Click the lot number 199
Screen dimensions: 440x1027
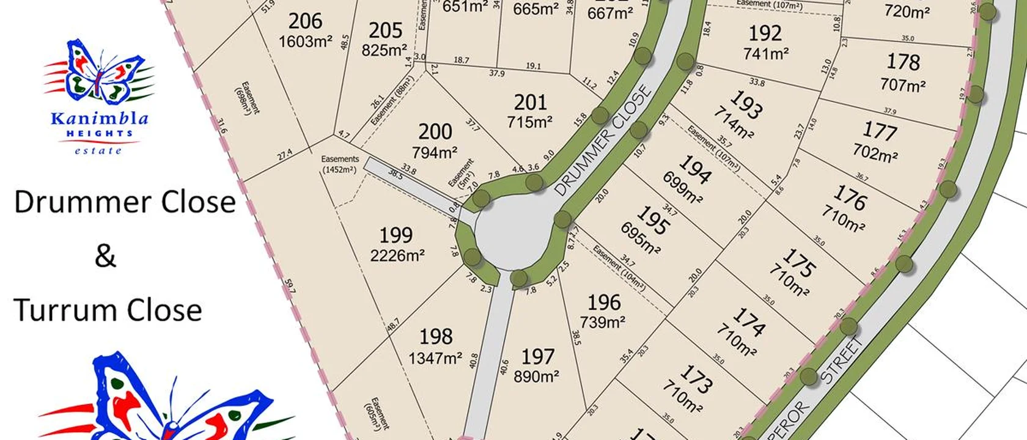[x=396, y=235]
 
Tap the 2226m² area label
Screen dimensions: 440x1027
[x=397, y=255]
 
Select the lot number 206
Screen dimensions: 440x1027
[x=305, y=21]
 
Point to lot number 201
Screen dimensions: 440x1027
[x=530, y=102]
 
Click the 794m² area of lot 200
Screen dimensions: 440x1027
[x=435, y=152]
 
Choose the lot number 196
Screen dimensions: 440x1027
[x=603, y=302]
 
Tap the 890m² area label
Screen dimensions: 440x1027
[x=536, y=376]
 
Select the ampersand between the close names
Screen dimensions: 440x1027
[x=105, y=255]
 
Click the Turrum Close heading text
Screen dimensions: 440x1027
[x=108, y=310]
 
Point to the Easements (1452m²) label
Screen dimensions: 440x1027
[x=340, y=164]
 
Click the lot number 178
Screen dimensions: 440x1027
[x=903, y=62]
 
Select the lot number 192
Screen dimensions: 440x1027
[x=765, y=32]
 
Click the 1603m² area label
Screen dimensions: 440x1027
[x=305, y=42]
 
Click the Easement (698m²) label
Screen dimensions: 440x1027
[x=247, y=98]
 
